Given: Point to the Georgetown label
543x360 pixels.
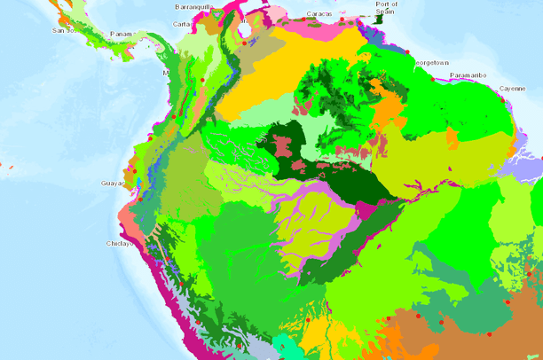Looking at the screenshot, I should [x=433, y=63].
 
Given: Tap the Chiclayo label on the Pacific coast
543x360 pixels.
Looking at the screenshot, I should [x=120, y=242].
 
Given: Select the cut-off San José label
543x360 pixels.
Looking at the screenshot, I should [x=61, y=30].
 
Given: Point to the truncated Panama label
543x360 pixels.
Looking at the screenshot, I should [x=122, y=35].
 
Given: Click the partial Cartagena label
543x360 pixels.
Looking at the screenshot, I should [x=182, y=24].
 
